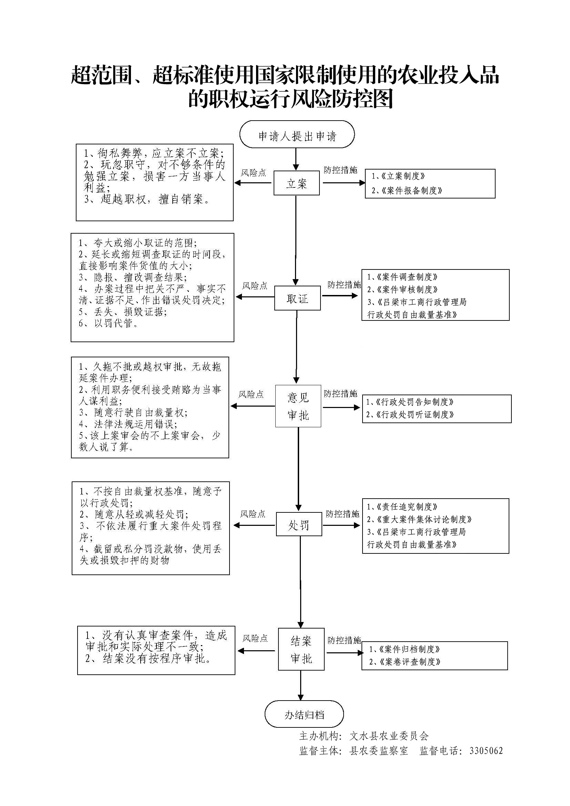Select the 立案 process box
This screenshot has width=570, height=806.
(296, 183)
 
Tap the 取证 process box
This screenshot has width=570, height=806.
(297, 298)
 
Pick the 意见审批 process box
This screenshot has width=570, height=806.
(298, 406)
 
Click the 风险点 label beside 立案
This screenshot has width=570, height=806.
(253, 173)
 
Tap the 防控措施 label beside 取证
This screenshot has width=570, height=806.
(344, 285)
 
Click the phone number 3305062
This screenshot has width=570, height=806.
(486, 751)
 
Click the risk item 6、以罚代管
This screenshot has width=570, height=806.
(109, 323)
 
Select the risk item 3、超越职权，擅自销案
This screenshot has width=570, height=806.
(147, 200)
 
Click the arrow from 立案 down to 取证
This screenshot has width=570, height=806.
(296, 239)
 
